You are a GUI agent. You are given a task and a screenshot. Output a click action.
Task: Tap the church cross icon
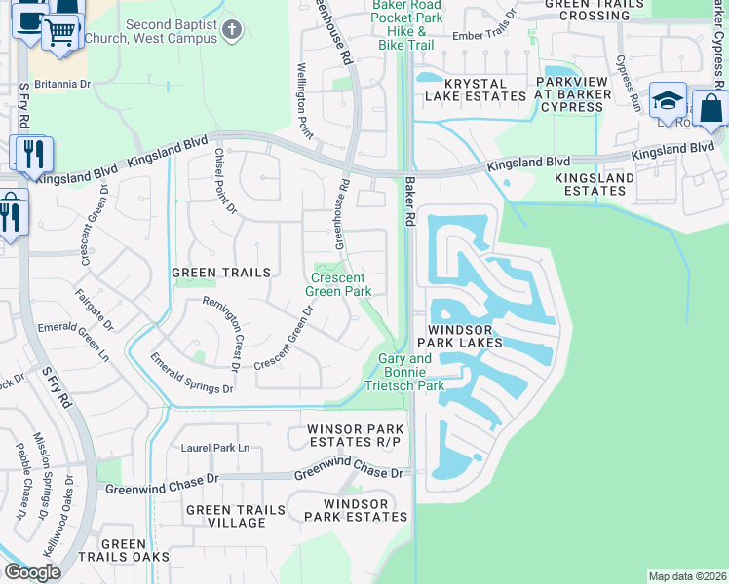(x=231, y=30)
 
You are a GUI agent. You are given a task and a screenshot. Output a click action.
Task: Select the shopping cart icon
(x=60, y=34)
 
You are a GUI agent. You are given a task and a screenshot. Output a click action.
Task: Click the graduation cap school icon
(x=668, y=101)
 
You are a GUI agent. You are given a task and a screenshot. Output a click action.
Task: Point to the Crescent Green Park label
(x=338, y=283)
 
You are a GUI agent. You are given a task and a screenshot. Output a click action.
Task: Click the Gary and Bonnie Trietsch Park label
(x=404, y=372)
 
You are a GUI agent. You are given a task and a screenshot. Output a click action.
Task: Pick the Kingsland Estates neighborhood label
(x=594, y=184)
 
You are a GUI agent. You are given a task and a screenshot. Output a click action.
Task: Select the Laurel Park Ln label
(x=215, y=448)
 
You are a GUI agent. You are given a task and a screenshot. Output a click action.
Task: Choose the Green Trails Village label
(x=224, y=516)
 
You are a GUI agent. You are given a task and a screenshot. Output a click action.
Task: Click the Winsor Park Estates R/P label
(x=354, y=435)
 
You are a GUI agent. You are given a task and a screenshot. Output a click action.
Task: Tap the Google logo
(x=32, y=572)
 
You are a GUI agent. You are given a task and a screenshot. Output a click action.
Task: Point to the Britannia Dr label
(x=61, y=84)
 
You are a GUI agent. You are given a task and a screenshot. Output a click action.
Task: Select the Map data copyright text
(x=686, y=576)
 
